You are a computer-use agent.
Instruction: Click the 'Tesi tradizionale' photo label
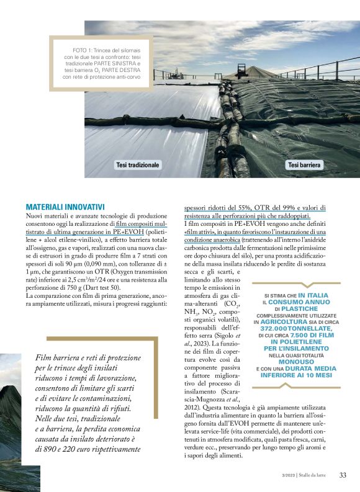pyautogui.click(x=137, y=165)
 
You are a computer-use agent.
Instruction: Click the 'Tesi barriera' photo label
pyautogui.click(x=304, y=165)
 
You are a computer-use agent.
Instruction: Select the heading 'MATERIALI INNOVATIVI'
pyautogui.click(x=65, y=207)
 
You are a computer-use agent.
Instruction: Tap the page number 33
pyautogui.click(x=343, y=476)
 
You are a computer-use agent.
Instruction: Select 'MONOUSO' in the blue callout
pyautogui.click(x=295, y=361)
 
